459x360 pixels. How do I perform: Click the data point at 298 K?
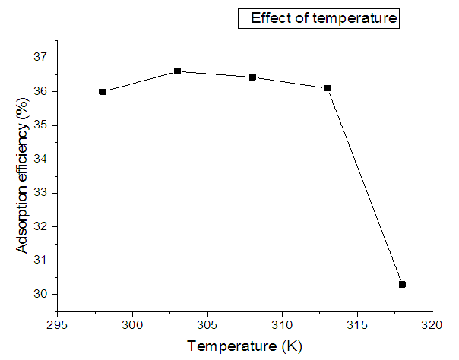(103, 91)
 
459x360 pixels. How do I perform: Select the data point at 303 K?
(177, 71)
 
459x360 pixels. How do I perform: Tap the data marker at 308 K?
(252, 77)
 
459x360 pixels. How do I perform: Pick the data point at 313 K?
(327, 88)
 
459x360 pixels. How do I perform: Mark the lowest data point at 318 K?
(402, 284)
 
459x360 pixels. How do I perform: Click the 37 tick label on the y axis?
(41, 58)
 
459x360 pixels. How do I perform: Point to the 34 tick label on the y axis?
(41, 159)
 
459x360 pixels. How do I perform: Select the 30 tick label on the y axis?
(41, 295)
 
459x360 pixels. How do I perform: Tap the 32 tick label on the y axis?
(41, 227)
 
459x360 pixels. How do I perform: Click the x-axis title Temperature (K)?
(245, 346)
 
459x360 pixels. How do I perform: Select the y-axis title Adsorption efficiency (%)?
(24, 178)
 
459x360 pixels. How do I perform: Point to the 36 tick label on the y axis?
(41, 92)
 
